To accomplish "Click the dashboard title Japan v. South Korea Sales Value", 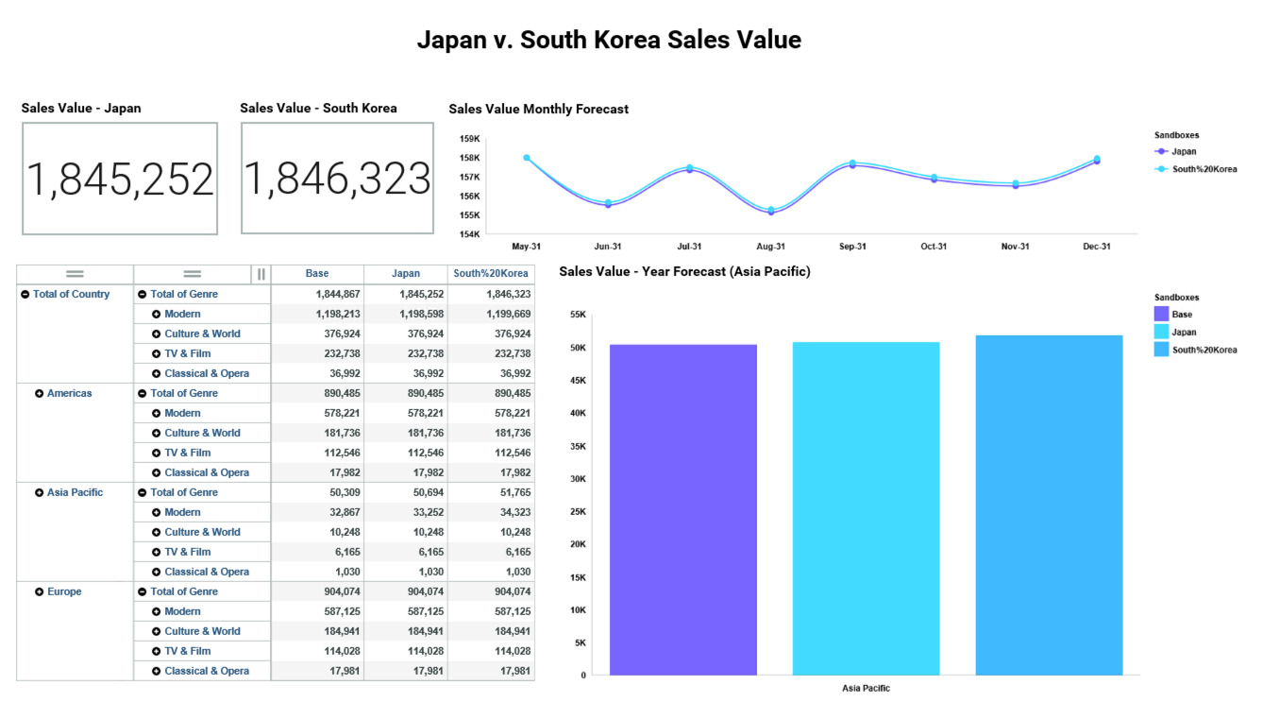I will pos(609,41).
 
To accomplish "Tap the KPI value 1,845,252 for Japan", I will pos(120,179).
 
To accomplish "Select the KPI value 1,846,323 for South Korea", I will pos(337,179).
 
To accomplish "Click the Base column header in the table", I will pos(317,274).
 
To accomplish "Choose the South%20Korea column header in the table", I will pos(491,274).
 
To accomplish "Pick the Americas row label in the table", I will pos(69,393).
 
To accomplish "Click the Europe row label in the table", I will pos(64,591).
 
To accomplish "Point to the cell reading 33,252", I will pos(425,512).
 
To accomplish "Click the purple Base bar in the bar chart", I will pos(682,510).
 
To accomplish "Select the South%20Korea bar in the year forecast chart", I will pos(1049,505).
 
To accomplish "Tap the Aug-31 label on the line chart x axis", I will pos(770,247).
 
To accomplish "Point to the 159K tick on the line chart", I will pos(470,139).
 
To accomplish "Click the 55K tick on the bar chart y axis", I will pos(578,315).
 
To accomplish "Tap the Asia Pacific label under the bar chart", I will pos(866,688).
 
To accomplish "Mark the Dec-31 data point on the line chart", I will pos(1097,160).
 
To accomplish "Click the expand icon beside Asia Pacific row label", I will pos(39,492).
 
